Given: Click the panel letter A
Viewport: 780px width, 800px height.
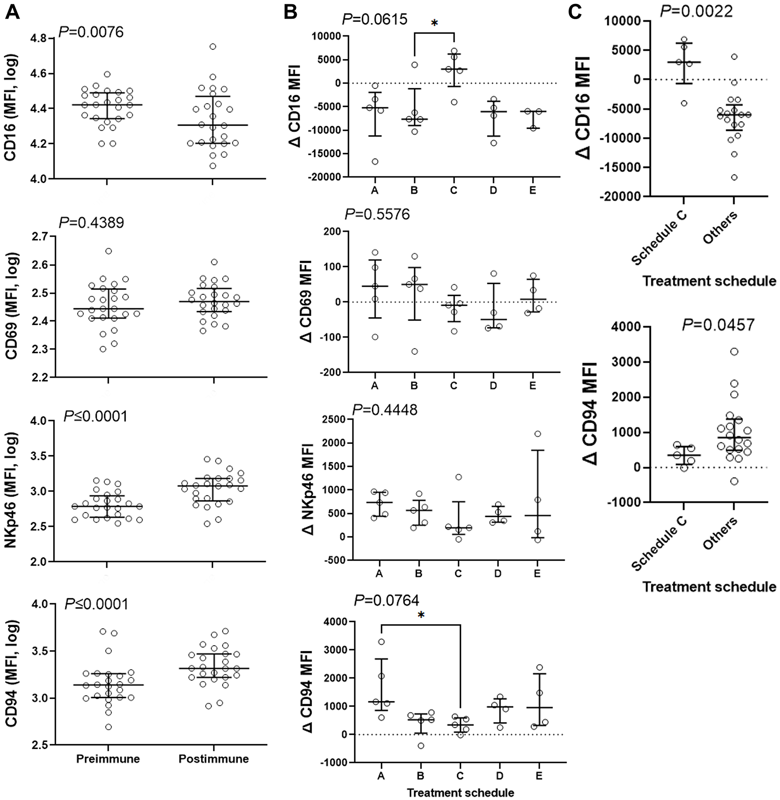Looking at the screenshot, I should [13, 13].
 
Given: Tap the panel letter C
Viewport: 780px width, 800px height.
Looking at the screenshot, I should [575, 13].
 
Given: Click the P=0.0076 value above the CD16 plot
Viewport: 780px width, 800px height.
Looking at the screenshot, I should [91, 32].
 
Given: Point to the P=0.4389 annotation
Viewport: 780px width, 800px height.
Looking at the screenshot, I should [91, 223].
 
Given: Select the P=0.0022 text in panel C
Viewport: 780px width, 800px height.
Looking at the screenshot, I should [696, 11].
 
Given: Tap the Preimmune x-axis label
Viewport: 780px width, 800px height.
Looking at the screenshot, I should [108, 759].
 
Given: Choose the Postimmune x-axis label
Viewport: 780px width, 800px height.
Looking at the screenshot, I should [213, 759].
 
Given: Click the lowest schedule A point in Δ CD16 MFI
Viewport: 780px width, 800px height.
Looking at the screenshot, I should [375, 162].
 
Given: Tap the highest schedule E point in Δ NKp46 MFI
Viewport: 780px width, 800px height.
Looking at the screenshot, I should [537, 434].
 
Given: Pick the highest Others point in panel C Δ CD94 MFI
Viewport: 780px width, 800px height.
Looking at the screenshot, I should [734, 351].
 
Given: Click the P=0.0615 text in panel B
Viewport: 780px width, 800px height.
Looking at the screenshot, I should [375, 19].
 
